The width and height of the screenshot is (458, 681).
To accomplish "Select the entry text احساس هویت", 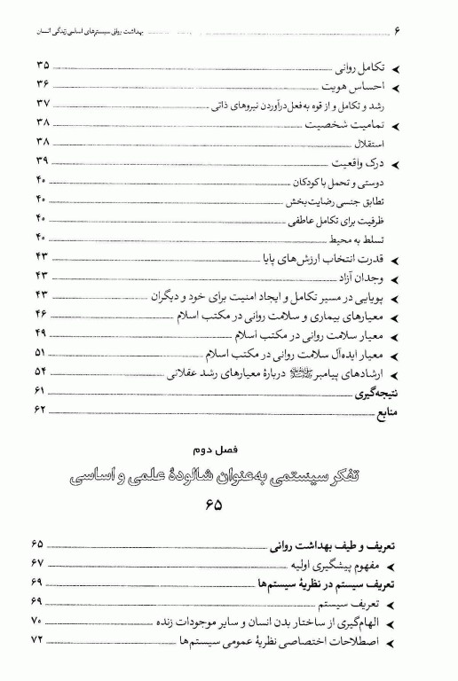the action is coord(352,86).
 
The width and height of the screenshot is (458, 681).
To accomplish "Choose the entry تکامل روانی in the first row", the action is coord(360,67).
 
